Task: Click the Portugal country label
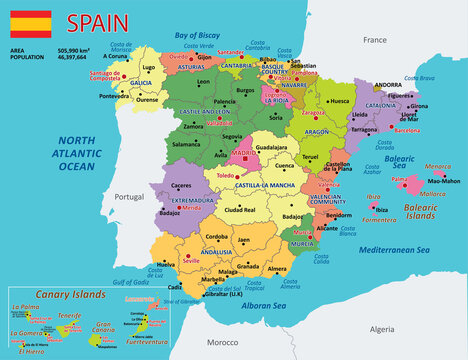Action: [x=130, y=197]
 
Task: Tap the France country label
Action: [x=374, y=40]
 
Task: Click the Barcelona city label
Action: [x=406, y=130]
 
